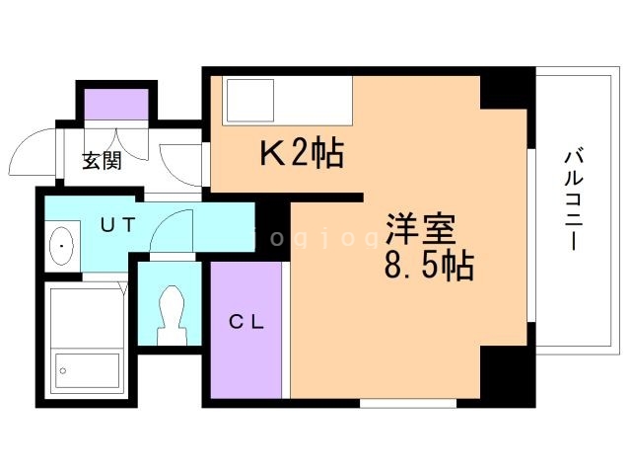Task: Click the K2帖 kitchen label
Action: tap(301, 153)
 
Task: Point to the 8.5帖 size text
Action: tap(430, 266)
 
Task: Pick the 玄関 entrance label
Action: tap(101, 161)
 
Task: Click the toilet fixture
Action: tap(170, 312)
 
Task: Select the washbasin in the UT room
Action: tap(62, 242)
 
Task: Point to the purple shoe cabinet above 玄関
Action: tap(116, 103)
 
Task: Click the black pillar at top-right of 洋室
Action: tap(507, 90)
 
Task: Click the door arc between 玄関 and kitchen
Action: tap(179, 163)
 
